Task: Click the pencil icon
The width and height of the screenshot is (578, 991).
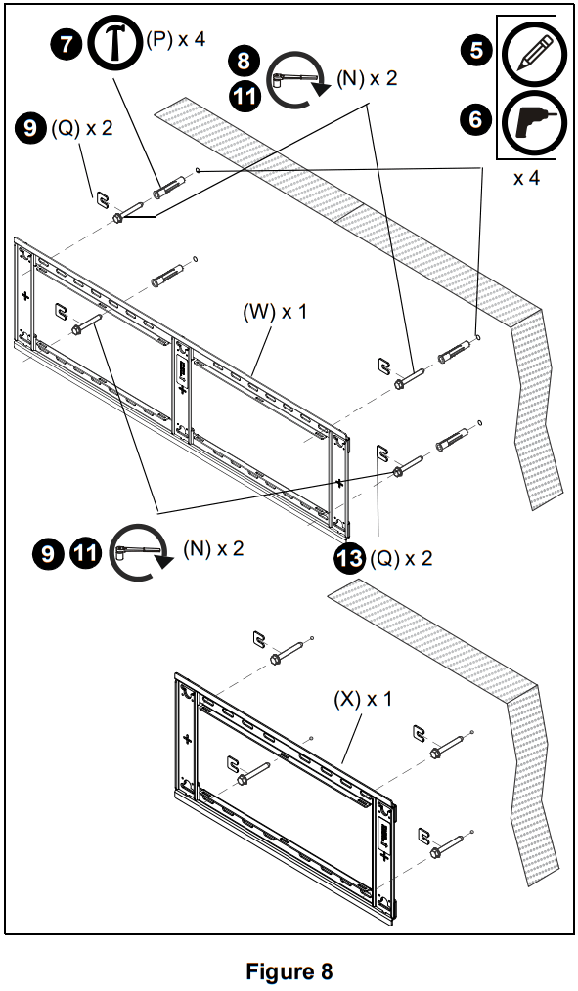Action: click(528, 50)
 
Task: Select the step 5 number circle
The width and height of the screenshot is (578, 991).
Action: click(476, 50)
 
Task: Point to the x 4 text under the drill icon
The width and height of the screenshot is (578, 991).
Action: click(526, 178)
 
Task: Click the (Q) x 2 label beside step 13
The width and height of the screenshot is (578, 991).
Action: click(401, 558)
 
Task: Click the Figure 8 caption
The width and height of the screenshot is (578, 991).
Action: click(289, 971)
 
